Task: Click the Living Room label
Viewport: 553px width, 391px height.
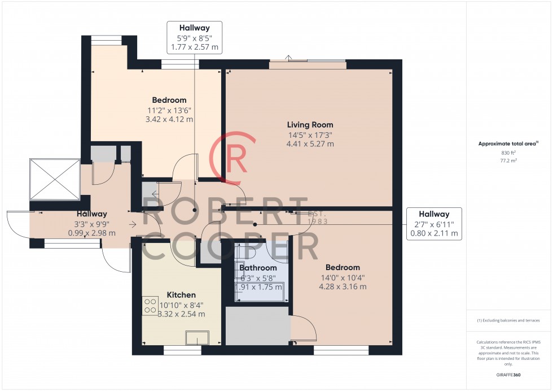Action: (310, 125)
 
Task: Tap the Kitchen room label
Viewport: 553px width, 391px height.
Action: (181, 295)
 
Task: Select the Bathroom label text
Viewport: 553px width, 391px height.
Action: (258, 268)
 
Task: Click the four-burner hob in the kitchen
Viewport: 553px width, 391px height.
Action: (150, 306)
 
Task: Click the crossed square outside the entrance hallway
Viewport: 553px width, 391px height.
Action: (54, 178)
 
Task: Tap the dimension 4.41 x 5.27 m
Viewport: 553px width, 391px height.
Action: (310, 144)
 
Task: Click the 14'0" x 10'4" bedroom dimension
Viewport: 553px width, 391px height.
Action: (343, 277)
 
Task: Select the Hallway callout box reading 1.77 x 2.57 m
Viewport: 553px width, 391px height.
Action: (195, 37)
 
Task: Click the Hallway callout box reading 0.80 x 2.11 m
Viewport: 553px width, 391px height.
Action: (433, 224)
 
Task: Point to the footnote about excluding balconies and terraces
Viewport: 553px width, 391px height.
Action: (508, 320)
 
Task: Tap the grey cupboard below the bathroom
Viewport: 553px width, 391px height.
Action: (257, 326)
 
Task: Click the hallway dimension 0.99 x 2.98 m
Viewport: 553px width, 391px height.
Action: (91, 233)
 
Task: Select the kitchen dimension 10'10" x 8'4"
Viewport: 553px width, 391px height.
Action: (181, 305)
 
